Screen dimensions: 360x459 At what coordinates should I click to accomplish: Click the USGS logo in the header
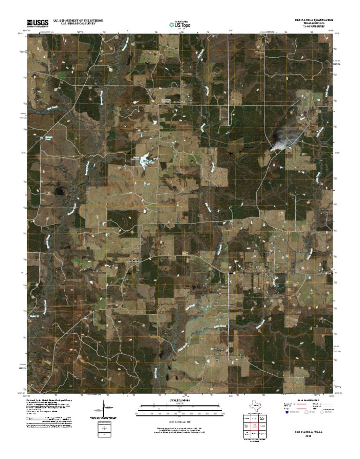[x=37, y=22]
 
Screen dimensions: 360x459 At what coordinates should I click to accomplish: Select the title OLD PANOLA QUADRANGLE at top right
[x=313, y=21]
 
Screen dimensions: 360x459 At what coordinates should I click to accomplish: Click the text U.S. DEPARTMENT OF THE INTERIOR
[x=78, y=21]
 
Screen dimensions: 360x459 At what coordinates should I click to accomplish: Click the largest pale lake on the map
[x=146, y=160]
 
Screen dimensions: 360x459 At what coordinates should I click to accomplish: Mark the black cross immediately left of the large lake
[x=129, y=153]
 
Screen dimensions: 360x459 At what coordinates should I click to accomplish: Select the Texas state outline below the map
[x=253, y=406]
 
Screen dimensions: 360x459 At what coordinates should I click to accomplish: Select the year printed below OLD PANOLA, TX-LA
[x=308, y=435]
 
